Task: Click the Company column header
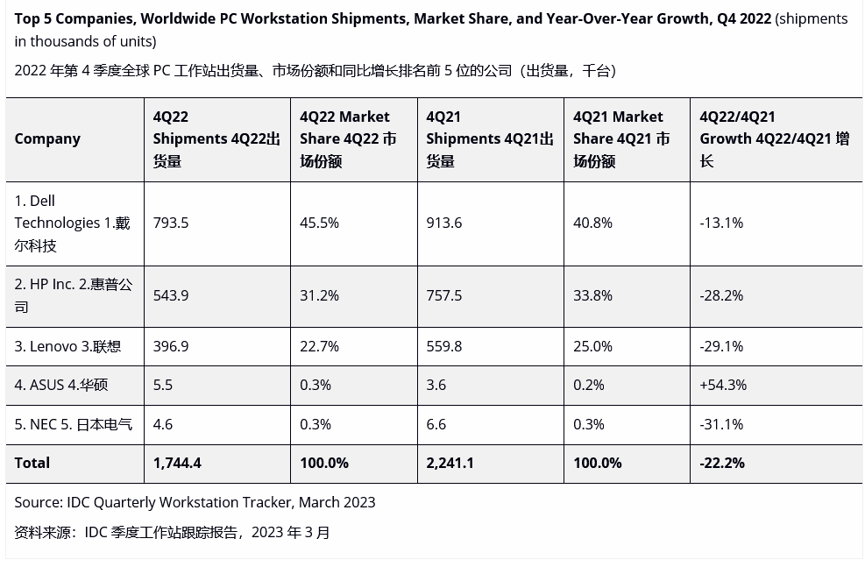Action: click(x=47, y=138)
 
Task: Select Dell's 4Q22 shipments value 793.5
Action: click(x=171, y=223)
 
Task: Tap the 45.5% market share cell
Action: click(x=319, y=223)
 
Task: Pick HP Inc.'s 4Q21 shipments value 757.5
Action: click(x=444, y=295)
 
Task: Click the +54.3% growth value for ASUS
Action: click(x=723, y=385)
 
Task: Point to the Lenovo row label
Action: click(x=67, y=346)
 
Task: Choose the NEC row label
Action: click(x=73, y=424)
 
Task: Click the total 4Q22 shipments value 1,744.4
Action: click(x=177, y=463)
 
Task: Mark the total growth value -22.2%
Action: click(x=722, y=463)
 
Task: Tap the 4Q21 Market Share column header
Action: click(x=621, y=138)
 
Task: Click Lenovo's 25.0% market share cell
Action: click(x=592, y=346)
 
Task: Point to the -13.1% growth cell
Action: click(x=721, y=223)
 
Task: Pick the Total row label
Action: click(x=32, y=463)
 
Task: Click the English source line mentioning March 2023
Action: click(x=195, y=502)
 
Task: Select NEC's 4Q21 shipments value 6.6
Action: click(x=436, y=424)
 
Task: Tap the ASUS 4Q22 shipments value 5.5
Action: click(x=163, y=385)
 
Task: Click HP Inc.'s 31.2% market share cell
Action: click(x=319, y=295)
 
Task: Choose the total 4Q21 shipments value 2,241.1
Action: click(x=450, y=463)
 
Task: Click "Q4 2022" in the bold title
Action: click(x=743, y=18)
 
